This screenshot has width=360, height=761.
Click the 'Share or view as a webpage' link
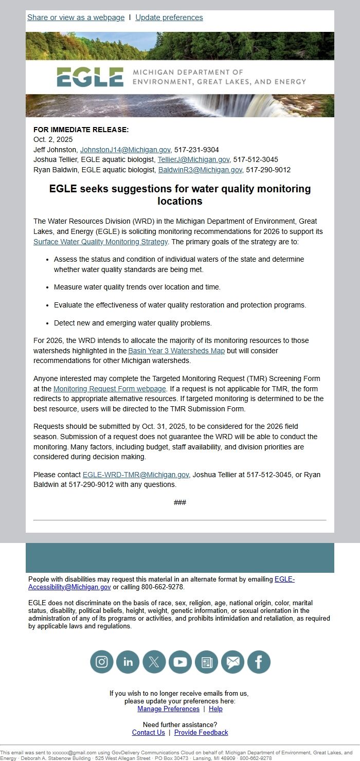point(76,17)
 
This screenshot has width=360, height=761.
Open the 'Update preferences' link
point(169,17)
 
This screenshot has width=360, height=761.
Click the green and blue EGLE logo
point(90,77)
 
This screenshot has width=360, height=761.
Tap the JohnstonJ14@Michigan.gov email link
point(125,150)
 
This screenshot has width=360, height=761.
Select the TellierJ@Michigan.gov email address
point(193,160)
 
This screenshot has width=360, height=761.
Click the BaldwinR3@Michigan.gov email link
point(200,170)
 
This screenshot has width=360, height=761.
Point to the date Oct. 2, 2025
point(53,139)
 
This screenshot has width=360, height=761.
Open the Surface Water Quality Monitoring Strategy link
point(101,242)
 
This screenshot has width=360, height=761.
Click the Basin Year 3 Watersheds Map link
point(176,351)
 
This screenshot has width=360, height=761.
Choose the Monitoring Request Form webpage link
point(110,389)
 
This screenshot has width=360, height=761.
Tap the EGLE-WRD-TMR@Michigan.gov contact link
point(136,475)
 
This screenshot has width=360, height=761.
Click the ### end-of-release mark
point(180,502)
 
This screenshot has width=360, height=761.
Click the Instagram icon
point(102,662)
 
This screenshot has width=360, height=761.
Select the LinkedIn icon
point(128,662)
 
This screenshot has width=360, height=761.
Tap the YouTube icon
point(180,662)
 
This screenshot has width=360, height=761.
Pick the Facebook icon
point(259,662)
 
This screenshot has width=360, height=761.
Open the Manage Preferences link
point(168,709)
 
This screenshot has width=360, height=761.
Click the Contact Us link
point(149,732)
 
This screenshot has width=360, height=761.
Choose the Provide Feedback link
point(201,732)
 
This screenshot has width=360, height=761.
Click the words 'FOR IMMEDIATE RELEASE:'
point(81,130)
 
